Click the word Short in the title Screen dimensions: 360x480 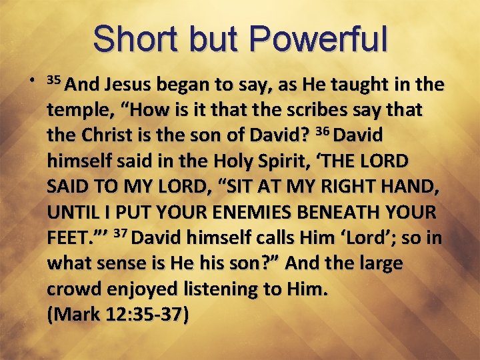click(133, 39)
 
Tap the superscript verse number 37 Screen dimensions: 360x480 click(121, 233)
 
